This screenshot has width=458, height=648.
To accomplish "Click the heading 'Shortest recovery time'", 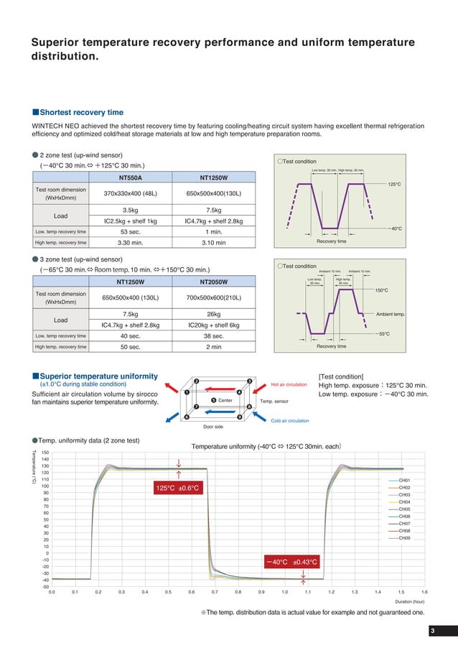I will pos(81,113).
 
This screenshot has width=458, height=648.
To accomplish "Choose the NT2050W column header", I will pos(213,282).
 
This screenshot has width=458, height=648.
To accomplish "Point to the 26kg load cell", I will pos(213,314).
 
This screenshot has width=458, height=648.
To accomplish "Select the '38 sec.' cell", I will pos(213,336).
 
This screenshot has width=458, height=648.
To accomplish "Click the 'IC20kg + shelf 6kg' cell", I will pos(213,325).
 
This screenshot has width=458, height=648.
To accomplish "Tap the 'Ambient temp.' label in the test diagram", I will pos(391,315).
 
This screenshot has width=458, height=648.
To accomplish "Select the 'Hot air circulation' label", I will pos(289,384).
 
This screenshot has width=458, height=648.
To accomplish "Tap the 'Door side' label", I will pos(214,427).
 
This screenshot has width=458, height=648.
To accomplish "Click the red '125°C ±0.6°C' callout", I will pos(178,489).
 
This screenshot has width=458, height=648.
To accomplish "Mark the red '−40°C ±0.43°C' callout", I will pos(291,562).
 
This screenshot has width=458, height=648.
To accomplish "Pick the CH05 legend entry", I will pos(404,509).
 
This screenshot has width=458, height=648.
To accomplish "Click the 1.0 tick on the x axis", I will pos(284,592).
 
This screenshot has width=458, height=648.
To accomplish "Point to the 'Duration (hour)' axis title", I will pos(410,602).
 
